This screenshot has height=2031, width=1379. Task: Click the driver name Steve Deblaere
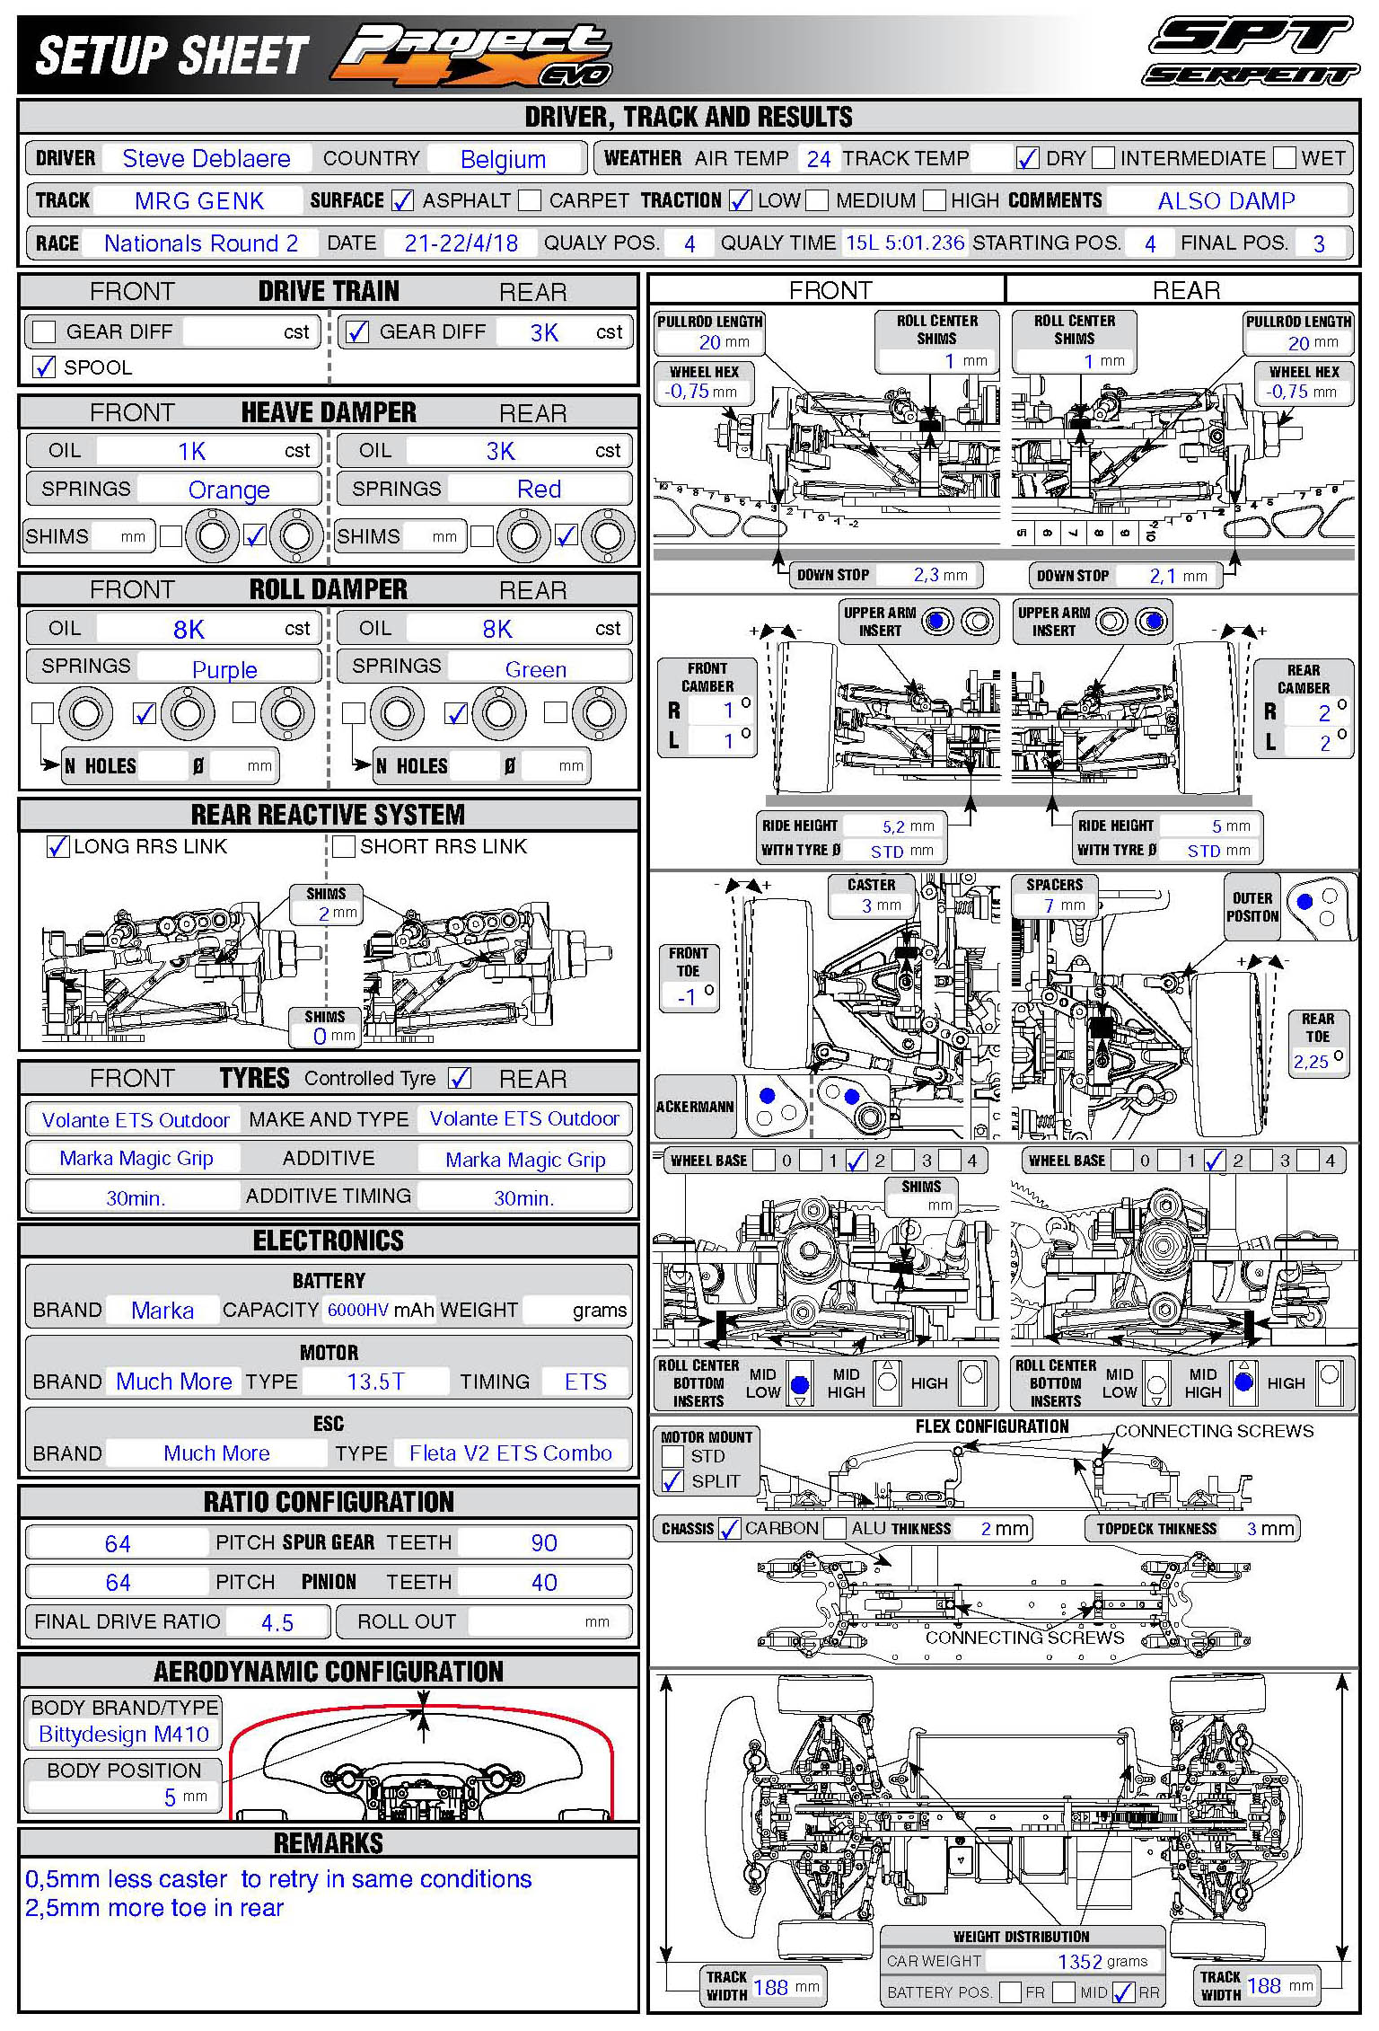pos(206,159)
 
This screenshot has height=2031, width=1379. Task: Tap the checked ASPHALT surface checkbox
pos(403,200)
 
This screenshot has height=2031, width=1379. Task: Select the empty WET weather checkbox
pos(1285,158)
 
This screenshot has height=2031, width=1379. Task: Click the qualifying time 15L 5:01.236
pos(905,243)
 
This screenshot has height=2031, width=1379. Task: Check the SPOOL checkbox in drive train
pos(43,366)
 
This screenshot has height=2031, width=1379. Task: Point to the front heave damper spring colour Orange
pos(229,490)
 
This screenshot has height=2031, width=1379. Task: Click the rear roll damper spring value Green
pos(536,669)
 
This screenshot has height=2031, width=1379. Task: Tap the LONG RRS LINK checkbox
pos(58,846)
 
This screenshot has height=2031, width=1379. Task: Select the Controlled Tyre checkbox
pos(460,1078)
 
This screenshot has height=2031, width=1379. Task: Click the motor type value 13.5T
pos(375,1382)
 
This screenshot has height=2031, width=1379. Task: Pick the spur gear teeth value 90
pos(544,1542)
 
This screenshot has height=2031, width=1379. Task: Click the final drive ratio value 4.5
pos(277,1622)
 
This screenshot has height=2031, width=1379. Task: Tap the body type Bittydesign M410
pos(124,1734)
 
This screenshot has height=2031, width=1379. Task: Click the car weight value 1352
pos(1079,1961)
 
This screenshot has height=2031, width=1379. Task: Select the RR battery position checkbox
pos(1123,1992)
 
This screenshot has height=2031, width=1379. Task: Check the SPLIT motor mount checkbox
pos(672,1481)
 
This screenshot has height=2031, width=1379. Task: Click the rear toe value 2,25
pos(1311,1062)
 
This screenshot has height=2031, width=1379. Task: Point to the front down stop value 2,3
pos(927,575)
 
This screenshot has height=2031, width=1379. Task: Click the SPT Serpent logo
pos(1252,52)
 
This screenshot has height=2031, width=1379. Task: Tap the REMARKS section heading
pos(329,1843)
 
